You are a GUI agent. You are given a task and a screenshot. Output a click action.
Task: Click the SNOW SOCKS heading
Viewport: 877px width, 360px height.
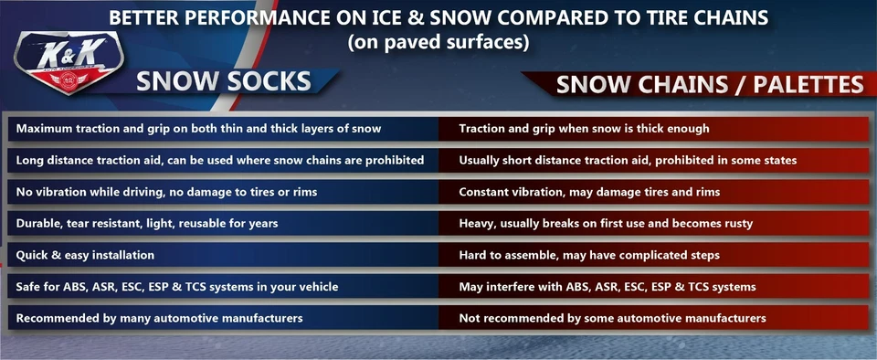tap(224, 81)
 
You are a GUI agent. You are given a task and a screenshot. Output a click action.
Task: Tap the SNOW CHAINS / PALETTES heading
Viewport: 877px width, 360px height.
tap(710, 85)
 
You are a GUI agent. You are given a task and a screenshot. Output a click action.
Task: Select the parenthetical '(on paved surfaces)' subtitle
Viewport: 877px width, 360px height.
tap(438, 42)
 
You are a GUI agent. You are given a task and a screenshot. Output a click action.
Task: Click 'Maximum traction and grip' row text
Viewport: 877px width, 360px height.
tap(198, 129)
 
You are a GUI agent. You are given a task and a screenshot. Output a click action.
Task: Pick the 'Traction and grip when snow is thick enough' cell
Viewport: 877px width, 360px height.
tap(584, 129)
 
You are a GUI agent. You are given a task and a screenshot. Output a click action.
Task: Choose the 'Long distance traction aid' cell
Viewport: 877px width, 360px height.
tap(220, 160)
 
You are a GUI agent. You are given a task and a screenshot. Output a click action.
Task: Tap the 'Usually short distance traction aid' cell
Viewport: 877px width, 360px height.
tap(628, 160)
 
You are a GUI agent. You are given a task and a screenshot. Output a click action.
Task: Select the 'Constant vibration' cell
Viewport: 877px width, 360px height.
tap(589, 192)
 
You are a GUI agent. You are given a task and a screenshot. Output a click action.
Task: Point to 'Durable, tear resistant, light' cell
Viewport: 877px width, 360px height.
tap(147, 223)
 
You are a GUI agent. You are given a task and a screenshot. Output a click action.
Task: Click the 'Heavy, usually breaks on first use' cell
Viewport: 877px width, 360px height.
tap(617, 223)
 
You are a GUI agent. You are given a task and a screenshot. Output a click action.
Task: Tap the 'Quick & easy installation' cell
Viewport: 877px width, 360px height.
tap(85, 255)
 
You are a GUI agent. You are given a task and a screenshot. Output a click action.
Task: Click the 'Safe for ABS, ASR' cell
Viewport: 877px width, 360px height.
tap(177, 286)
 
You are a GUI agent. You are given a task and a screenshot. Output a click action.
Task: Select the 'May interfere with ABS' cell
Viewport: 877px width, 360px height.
tap(608, 286)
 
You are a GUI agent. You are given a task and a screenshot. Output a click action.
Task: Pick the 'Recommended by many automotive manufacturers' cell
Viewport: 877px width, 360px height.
tap(160, 318)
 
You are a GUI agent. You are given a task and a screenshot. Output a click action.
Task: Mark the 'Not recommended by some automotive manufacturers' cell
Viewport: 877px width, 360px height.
tap(612, 318)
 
